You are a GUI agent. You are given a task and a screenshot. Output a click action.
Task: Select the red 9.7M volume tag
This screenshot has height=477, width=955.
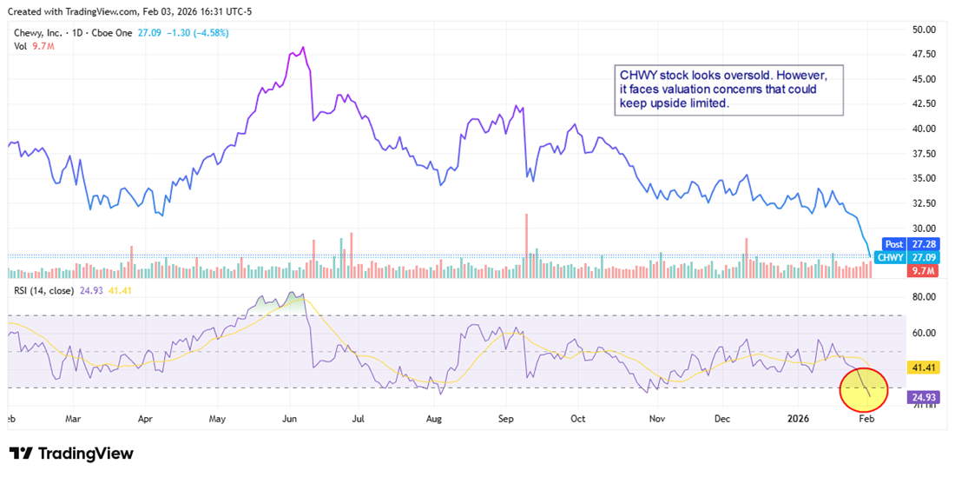point(920,272)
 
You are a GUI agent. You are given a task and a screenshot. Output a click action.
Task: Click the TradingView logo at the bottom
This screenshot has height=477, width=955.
point(71,454)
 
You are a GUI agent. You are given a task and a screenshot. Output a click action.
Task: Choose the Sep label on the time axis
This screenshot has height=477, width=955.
point(507,418)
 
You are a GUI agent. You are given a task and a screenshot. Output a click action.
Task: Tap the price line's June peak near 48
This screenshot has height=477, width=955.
point(302,48)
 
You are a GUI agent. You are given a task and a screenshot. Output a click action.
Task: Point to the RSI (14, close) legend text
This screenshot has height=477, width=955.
point(49,288)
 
